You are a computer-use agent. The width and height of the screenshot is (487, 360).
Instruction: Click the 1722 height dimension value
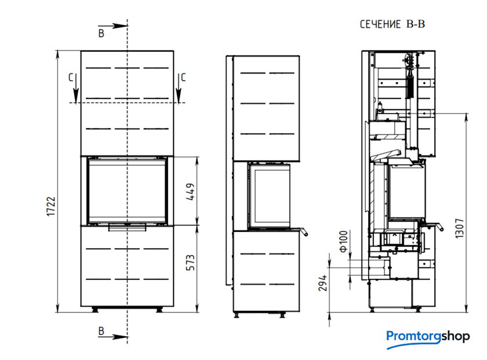coord(50,206)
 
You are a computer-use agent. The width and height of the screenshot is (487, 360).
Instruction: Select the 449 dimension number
coord(190,192)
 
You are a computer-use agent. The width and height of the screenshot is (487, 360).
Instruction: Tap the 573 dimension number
coord(190,263)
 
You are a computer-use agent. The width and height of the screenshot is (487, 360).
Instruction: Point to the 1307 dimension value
coord(459,228)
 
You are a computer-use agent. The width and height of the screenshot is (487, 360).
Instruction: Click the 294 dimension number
coord(323,283)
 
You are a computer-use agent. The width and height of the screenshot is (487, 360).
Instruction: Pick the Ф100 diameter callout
coord(343,241)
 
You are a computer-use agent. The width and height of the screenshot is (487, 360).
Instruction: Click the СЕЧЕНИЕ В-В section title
coord(392,24)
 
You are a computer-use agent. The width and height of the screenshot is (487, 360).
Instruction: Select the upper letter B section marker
coord(101,33)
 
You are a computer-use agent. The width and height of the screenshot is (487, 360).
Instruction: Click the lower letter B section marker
coord(101,331)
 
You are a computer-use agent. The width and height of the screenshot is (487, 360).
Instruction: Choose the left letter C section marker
coord(71,77)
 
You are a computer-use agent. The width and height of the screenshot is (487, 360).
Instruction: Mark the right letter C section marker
coord(183,77)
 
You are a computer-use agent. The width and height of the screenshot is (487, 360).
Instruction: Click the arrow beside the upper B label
coord(112,26)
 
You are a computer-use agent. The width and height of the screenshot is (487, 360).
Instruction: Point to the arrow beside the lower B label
coord(112,337)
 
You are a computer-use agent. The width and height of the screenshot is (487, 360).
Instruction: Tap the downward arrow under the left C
coord(76,89)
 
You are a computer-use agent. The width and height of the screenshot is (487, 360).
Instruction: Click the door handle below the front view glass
coord(127,228)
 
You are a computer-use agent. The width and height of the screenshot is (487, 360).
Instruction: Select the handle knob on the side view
coord(306,234)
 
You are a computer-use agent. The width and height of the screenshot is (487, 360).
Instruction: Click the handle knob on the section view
coord(441,229)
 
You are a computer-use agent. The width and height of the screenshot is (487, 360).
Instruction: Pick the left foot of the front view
coord(95,310)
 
